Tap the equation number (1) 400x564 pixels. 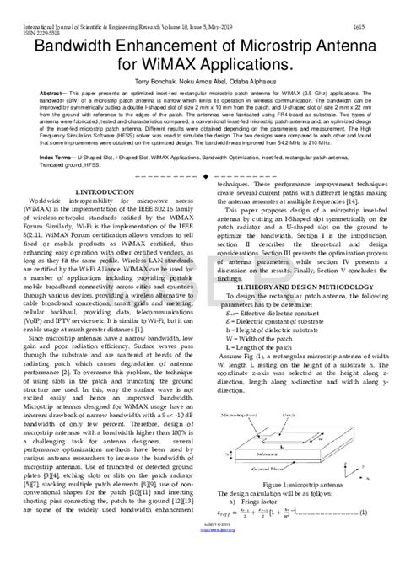(363, 513)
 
